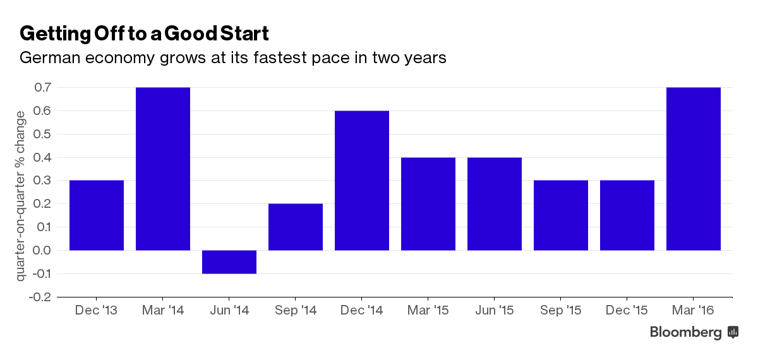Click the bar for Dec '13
click(97, 215)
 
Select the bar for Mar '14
click(163, 169)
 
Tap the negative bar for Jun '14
click(229, 262)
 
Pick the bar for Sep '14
click(296, 227)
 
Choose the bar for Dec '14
click(362, 181)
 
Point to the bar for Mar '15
click(428, 204)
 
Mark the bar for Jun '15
click(495, 204)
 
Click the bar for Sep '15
click(561, 215)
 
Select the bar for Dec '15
click(627, 215)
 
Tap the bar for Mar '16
click(694, 169)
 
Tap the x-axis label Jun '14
click(229, 311)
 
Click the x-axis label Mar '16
click(694, 311)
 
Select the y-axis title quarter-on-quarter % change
click(20, 196)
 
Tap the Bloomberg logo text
click(686, 332)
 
